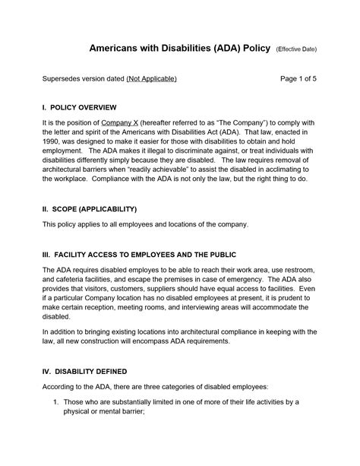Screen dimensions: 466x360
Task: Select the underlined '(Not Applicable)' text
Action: click(x=151, y=78)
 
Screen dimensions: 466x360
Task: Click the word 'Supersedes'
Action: click(x=64, y=78)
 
